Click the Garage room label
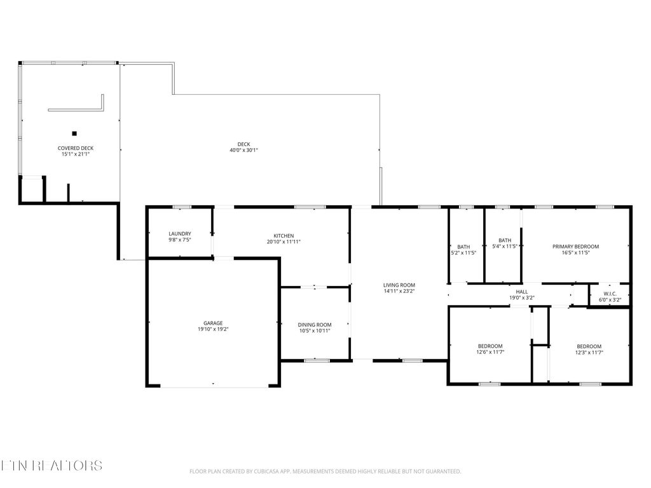pos(214,323)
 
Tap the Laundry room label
pos(180,233)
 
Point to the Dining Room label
pos(315,324)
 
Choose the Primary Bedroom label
pos(575,247)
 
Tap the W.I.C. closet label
pos(610,294)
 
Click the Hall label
pos(522,292)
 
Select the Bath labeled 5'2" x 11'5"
pos(463,247)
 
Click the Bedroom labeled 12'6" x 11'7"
pos(490,346)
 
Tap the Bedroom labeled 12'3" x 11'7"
pos(589,346)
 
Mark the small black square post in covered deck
pos(74,133)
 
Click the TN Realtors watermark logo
pos(51,465)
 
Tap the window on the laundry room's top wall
pos(182,207)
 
